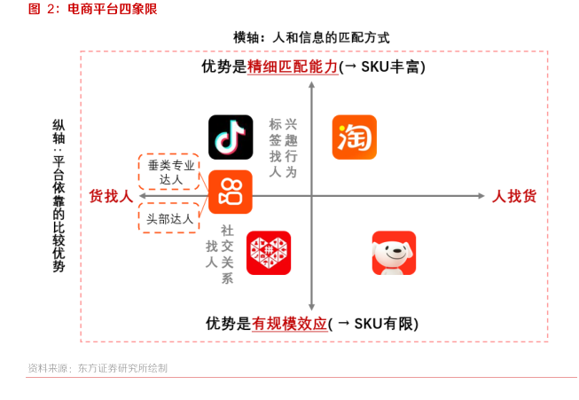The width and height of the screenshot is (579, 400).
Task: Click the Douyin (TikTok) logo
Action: [x=231, y=137]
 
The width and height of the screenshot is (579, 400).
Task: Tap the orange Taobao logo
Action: [x=354, y=137]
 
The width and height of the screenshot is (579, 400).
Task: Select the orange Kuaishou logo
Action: [x=231, y=192]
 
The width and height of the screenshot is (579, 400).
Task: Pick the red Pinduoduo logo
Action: [x=269, y=253]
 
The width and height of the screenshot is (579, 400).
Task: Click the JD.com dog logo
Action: [x=394, y=253]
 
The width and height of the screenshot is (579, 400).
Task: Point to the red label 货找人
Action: [x=111, y=196]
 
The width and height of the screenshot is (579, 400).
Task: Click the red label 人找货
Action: [x=514, y=196]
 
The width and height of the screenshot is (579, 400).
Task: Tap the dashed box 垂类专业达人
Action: [x=171, y=172]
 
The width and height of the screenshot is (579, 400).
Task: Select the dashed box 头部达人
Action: [x=171, y=218]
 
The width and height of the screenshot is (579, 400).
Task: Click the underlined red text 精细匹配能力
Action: [x=293, y=67]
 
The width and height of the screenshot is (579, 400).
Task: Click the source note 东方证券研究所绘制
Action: [x=121, y=368]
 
